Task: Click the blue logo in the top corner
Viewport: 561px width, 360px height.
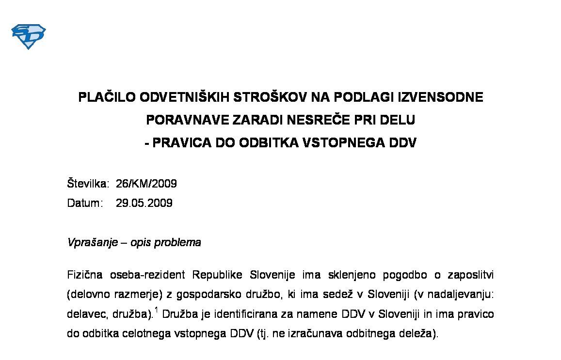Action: pyautogui.click(x=28, y=36)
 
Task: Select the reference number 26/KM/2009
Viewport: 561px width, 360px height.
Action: pyautogui.click(x=146, y=184)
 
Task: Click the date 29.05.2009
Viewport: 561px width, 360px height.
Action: pyautogui.click(x=144, y=203)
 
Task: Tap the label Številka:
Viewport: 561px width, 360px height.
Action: pyautogui.click(x=88, y=184)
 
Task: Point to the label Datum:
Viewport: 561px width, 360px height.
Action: pyautogui.click(x=85, y=203)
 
